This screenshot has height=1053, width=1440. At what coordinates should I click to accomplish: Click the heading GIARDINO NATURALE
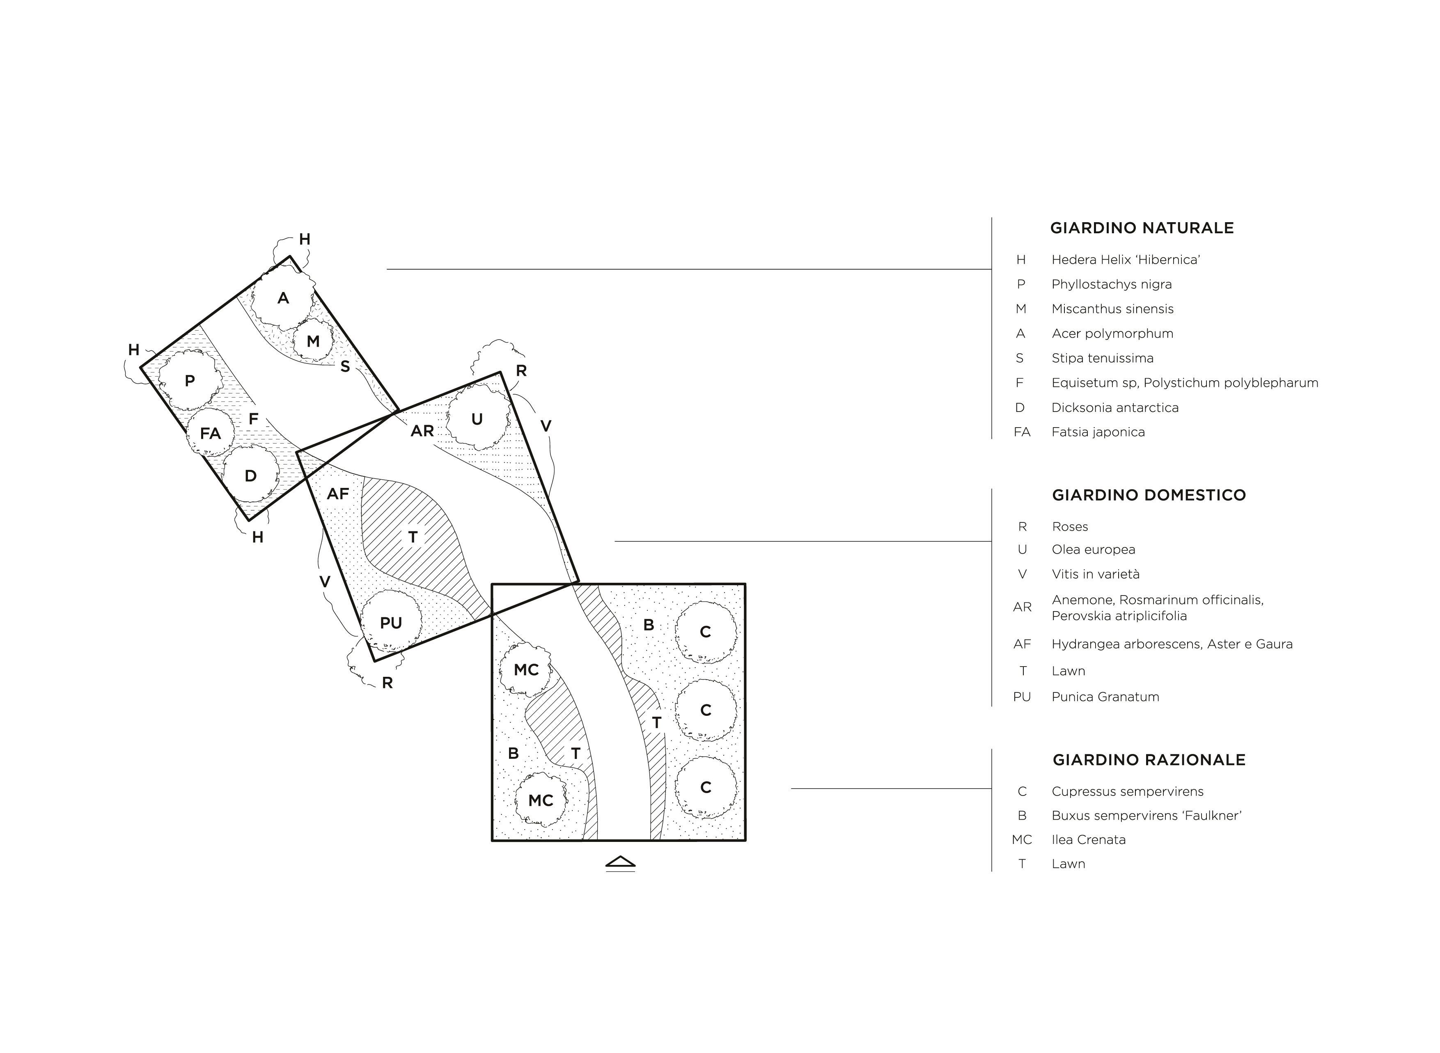(1142, 228)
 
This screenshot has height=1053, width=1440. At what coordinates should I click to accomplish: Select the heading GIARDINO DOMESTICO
(1149, 495)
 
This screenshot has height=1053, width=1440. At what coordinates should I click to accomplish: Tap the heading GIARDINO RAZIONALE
(1149, 760)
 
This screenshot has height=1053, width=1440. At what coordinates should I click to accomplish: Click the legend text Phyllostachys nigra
(1111, 284)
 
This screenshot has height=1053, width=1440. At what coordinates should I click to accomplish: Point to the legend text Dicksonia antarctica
(1115, 407)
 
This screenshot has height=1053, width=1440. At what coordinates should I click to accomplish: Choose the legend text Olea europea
(1094, 549)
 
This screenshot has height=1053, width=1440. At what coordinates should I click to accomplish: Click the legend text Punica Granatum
(1105, 697)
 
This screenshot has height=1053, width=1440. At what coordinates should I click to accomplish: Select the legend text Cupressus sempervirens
(1128, 792)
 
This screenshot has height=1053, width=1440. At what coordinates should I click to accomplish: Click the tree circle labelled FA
(210, 433)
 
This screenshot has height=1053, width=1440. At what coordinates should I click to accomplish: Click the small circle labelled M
(313, 341)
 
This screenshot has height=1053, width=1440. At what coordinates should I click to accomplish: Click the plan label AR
(422, 431)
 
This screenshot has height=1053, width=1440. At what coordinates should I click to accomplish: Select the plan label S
(345, 366)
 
